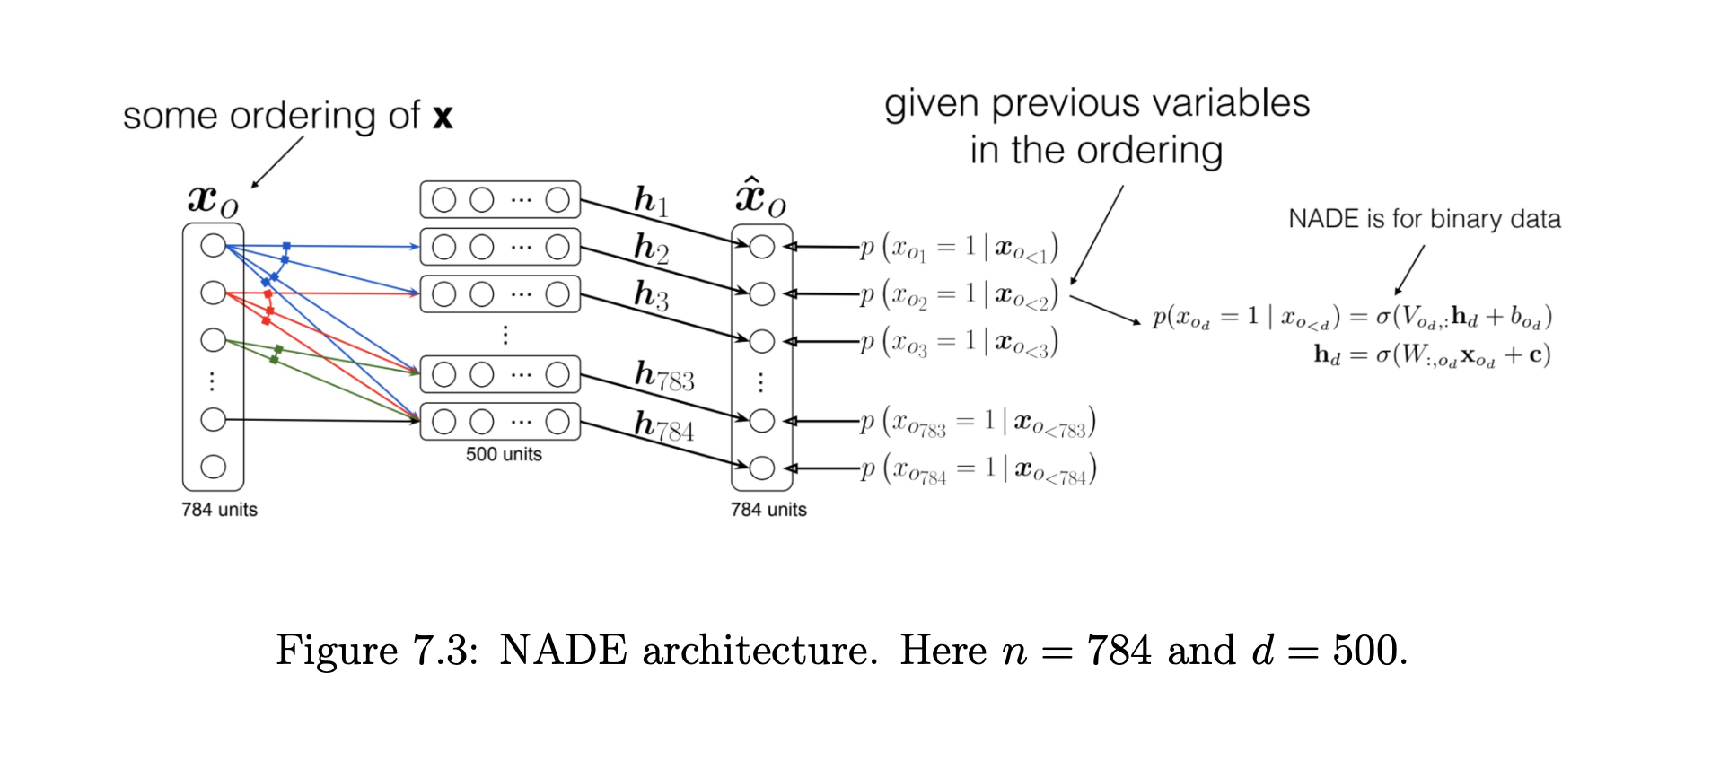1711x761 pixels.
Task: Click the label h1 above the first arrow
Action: [651, 201]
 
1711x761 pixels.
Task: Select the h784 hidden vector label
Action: [663, 425]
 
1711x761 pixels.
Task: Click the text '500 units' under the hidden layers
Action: [504, 454]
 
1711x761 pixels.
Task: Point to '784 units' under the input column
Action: [219, 510]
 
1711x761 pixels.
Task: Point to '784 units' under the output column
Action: [768, 510]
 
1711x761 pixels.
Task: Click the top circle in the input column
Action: [213, 245]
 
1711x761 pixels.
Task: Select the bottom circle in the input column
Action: [213, 467]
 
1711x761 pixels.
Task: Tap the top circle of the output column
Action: [761, 247]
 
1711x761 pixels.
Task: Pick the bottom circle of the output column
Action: [761, 468]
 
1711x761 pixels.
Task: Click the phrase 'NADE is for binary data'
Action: [1424, 219]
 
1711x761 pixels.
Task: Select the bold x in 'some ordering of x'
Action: [443, 117]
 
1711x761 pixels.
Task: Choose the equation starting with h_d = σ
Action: [1432, 355]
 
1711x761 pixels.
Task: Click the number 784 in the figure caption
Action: [1119, 650]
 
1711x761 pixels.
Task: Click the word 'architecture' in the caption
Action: [759, 650]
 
